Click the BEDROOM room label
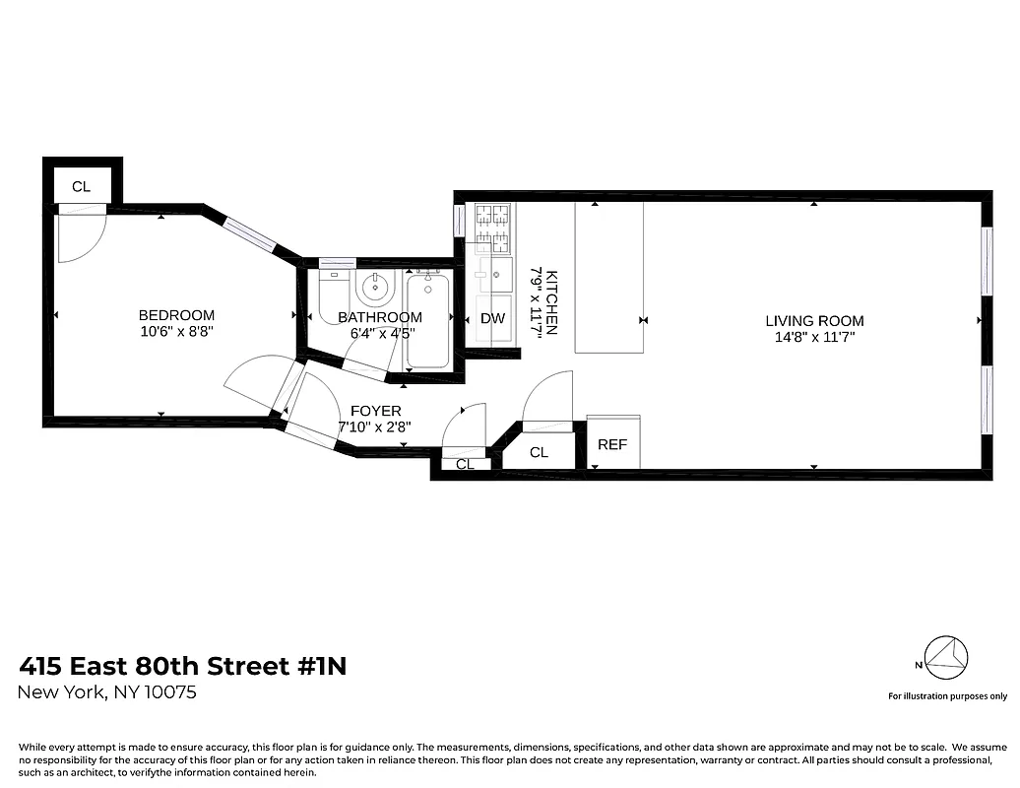click(x=176, y=315)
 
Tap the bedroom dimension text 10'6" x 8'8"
click(x=176, y=332)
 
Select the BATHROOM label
click(x=380, y=317)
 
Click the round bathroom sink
click(x=375, y=289)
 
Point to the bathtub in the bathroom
click(x=427, y=321)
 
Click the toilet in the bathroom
click(x=332, y=295)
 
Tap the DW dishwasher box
click(x=492, y=319)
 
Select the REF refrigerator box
click(x=612, y=444)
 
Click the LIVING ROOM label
click(x=814, y=320)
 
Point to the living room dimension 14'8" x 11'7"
click(x=814, y=337)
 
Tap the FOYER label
click(x=374, y=411)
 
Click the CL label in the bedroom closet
click(x=81, y=186)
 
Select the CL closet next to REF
click(x=539, y=452)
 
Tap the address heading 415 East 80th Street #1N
click(x=183, y=667)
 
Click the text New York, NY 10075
click(x=108, y=692)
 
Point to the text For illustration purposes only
click(x=947, y=696)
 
